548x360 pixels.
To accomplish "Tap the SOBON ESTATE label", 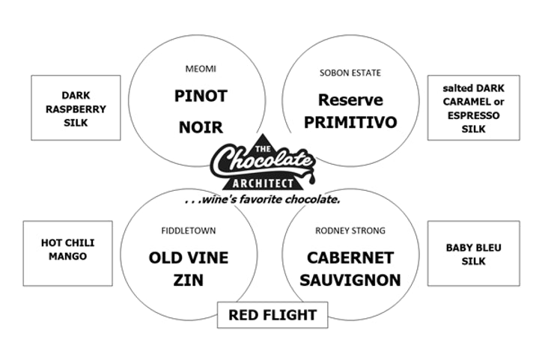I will pyautogui.click(x=350, y=73).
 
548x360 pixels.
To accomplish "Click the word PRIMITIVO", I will pyautogui.click(x=350, y=121).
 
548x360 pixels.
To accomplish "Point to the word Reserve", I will pyautogui.click(x=350, y=100).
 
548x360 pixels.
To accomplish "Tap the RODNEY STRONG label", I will pyautogui.click(x=350, y=231).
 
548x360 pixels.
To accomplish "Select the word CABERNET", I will pyautogui.click(x=350, y=257).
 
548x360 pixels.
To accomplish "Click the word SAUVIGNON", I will pyautogui.click(x=350, y=281).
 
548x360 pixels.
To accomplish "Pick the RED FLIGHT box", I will pyautogui.click(x=273, y=315).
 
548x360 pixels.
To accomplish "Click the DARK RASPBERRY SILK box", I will pyautogui.click(x=76, y=108).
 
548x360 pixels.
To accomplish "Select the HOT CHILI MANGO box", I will pyautogui.click(x=68, y=250).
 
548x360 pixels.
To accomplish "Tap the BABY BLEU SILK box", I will pyautogui.click(x=473, y=254).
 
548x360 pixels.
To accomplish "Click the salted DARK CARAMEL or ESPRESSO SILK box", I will pyautogui.click(x=473, y=108).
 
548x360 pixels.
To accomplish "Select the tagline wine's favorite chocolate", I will pyautogui.click(x=263, y=200).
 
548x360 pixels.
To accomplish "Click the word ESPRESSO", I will pyautogui.click(x=473, y=115).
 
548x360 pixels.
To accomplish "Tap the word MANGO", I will pyautogui.click(x=68, y=256).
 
